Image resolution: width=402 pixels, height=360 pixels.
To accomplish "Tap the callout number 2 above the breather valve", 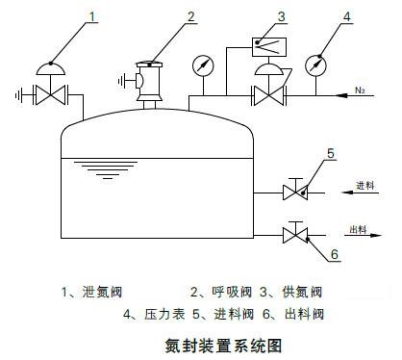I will coord(190,16).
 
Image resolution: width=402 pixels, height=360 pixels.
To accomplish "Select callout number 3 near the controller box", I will coord(281,16).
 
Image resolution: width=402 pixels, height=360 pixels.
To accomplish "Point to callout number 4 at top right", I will coord(347,16).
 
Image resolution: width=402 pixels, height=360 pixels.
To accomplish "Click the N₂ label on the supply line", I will coord(362,91).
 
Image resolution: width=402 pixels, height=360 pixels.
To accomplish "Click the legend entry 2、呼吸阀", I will coord(225,291).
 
